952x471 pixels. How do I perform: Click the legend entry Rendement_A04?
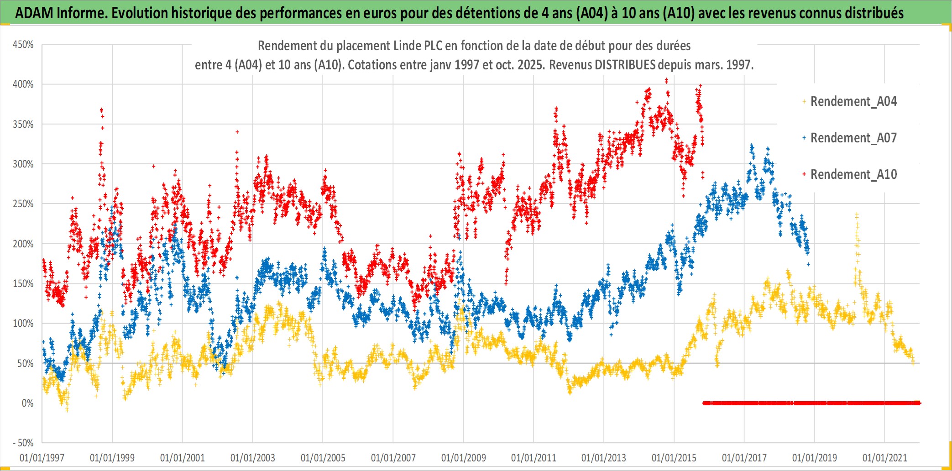tap(853, 101)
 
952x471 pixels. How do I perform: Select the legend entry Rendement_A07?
tap(853, 138)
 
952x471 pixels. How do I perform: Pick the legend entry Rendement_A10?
tap(853, 174)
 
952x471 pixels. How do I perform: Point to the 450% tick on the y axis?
tap(23, 45)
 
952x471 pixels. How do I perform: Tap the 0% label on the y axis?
tap(27, 403)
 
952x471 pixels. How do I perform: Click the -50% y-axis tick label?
tap(23, 443)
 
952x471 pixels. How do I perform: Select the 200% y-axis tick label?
tap(23, 244)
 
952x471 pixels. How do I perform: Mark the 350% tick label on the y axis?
tap(23, 124)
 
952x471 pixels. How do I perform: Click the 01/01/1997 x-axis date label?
tap(42, 458)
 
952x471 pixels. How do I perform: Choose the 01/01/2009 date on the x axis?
tap(463, 458)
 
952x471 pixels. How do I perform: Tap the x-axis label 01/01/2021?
tap(884, 458)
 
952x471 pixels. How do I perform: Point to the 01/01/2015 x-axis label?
tap(674, 458)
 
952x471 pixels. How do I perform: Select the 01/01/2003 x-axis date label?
tap(253, 458)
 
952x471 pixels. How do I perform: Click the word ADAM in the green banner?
tap(34, 13)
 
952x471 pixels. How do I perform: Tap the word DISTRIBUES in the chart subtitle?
tap(625, 65)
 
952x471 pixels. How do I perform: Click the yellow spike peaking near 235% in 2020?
tap(857, 215)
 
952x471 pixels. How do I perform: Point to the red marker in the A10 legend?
tap(804, 174)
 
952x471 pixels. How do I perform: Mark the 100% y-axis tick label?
tap(23, 324)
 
